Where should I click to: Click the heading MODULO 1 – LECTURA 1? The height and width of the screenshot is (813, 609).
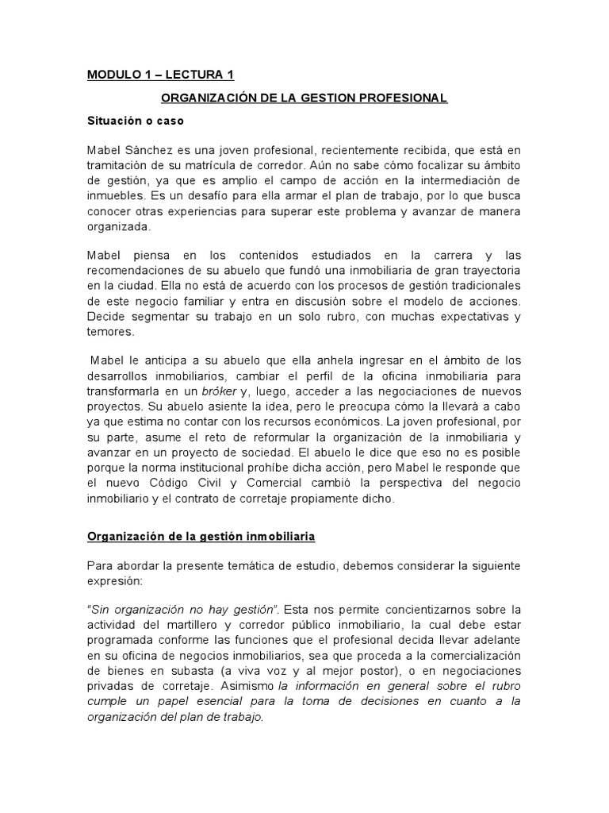(160, 75)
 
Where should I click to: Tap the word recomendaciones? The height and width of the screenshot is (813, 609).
(138, 271)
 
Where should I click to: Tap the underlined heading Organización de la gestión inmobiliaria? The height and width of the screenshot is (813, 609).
(201, 537)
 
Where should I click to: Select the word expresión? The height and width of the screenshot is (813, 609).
(117, 582)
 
